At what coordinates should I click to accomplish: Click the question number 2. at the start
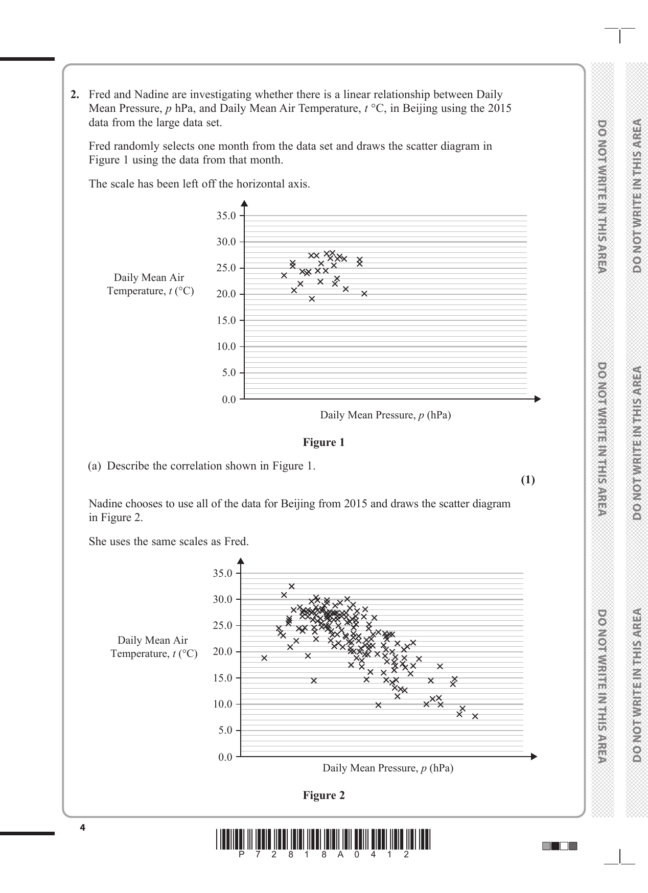75,95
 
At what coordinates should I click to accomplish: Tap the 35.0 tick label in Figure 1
226,216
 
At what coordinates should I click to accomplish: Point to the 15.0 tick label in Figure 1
226,321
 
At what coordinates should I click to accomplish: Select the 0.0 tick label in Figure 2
225,757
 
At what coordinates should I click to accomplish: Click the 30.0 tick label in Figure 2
222,599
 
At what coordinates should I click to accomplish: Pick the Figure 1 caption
323,442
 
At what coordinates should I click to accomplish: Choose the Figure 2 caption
323,795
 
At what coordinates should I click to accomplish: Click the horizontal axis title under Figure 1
385,415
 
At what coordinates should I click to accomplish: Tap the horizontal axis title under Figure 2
388,768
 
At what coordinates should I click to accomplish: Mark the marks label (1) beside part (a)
527,480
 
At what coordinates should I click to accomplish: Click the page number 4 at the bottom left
82,828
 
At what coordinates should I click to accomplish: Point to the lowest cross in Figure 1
312,299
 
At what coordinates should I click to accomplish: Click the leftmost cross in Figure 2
264,658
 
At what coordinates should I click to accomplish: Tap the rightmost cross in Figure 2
475,716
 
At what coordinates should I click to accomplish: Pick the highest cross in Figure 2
291,586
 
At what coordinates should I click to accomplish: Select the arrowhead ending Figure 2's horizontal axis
535,757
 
